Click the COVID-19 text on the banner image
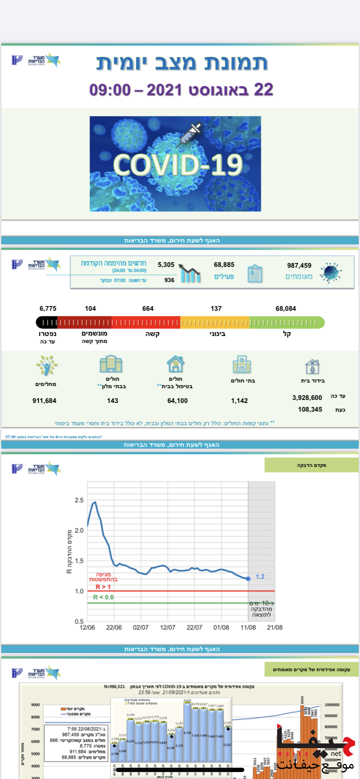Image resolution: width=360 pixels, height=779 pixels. click(x=177, y=165)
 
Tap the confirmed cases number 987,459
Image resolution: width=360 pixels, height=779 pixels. click(x=299, y=265)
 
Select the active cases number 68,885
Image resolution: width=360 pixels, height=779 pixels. click(x=224, y=264)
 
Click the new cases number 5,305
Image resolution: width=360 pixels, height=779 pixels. click(x=166, y=264)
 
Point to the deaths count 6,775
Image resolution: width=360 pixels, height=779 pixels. click(x=48, y=309)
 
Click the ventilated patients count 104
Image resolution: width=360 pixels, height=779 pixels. click(x=90, y=309)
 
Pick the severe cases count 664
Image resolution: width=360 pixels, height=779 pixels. click(x=148, y=309)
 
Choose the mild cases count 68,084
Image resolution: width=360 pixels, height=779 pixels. click(x=286, y=309)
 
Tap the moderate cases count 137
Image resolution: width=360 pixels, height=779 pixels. click(x=216, y=309)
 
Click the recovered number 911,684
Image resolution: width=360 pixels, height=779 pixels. click(x=44, y=401)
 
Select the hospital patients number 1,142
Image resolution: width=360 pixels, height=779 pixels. click(x=239, y=401)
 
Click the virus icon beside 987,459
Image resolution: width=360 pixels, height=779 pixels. click(x=330, y=273)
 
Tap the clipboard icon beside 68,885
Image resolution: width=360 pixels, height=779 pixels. click(x=255, y=274)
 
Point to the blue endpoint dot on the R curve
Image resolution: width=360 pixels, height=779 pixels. click(x=248, y=579)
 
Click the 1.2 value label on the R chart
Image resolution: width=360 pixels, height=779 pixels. click(x=260, y=577)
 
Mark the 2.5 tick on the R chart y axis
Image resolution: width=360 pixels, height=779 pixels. click(x=79, y=500)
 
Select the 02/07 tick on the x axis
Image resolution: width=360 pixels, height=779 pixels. click(x=140, y=627)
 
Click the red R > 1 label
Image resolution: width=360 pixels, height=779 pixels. click(x=103, y=587)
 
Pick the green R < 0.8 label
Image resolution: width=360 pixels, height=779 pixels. click(x=103, y=597)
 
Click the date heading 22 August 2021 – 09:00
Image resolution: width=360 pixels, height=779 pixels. click(x=181, y=90)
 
